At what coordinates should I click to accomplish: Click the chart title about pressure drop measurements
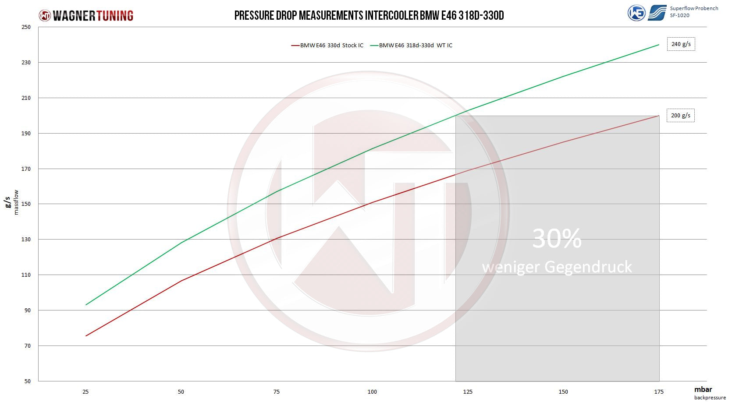(369, 16)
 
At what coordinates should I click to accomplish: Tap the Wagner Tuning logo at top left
(86, 16)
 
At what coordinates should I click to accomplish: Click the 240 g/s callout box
(681, 44)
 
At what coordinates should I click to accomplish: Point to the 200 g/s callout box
(680, 116)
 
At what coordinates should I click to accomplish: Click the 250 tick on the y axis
(26, 27)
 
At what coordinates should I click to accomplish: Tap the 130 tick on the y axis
(26, 240)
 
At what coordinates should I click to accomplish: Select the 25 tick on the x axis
(85, 391)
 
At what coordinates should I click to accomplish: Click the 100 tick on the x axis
(372, 391)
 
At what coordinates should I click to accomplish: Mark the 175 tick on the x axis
(658, 391)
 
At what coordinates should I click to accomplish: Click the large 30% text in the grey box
(557, 239)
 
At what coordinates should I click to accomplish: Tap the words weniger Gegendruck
(557, 267)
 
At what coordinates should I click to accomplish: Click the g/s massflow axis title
(12, 202)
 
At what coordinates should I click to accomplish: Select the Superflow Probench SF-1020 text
(693, 12)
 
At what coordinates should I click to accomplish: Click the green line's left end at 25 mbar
(86, 305)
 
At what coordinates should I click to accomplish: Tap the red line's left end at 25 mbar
(86, 336)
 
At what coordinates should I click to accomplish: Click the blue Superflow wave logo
(657, 13)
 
